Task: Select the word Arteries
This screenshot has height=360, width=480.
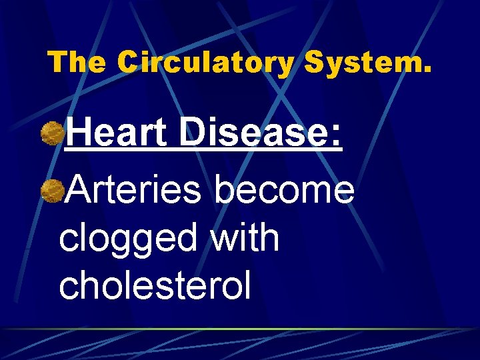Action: (134, 189)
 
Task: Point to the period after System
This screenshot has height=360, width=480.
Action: (427, 70)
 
